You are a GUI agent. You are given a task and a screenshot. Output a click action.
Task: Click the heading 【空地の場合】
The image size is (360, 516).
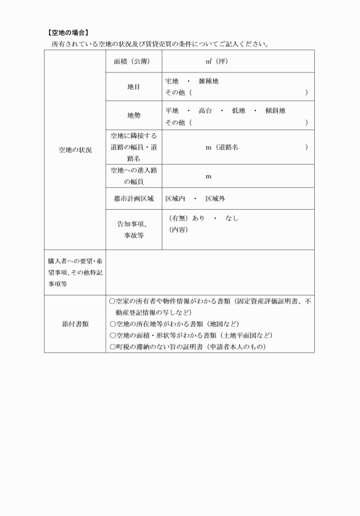(x=67, y=33)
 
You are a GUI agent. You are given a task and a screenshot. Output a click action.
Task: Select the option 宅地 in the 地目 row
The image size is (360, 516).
(x=172, y=81)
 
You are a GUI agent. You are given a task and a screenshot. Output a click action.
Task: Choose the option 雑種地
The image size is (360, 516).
(x=209, y=81)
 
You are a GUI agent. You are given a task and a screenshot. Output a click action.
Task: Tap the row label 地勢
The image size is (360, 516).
(x=134, y=115)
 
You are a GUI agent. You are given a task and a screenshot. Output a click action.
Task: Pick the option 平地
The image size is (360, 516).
(x=172, y=110)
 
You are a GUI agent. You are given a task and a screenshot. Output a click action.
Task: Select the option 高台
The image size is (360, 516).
(x=205, y=110)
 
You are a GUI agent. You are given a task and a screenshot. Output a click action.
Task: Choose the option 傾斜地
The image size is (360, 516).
(x=275, y=110)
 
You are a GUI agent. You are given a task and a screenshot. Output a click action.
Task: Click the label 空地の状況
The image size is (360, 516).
(x=75, y=150)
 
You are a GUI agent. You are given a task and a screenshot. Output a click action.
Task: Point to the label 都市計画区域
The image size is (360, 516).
(x=134, y=199)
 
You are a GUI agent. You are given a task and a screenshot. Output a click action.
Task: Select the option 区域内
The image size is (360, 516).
(x=175, y=199)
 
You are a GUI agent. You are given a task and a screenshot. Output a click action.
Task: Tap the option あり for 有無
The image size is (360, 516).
(x=198, y=218)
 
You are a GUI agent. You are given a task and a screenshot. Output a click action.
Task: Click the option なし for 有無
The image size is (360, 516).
(x=232, y=218)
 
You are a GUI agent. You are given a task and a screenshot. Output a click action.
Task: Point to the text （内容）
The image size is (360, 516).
(x=178, y=230)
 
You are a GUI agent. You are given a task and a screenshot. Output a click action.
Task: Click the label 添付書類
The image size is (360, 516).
(x=75, y=323)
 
